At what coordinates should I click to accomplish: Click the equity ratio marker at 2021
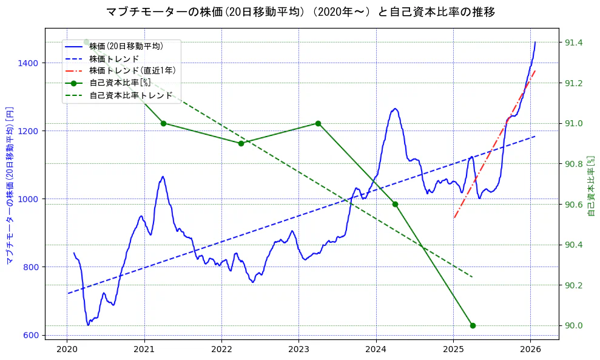pyautogui.click(x=163, y=123)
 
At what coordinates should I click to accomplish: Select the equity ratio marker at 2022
pyautogui.click(x=241, y=143)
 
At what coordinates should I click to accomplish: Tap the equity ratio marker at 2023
pyautogui.click(x=318, y=123)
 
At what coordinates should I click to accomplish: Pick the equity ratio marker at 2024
pyautogui.click(x=395, y=204)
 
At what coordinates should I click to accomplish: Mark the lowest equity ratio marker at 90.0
pyautogui.click(x=473, y=325)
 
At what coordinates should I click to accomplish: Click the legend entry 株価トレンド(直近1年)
pyautogui.click(x=132, y=70)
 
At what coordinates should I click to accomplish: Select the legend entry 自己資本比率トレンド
pyautogui.click(x=130, y=96)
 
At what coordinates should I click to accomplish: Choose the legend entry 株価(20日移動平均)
pyautogui.click(x=126, y=46)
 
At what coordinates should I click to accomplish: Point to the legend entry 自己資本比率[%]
pyautogui.click(x=120, y=83)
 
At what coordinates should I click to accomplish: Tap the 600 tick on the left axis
pyautogui.click(x=32, y=335)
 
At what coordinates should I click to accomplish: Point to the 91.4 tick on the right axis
pyautogui.click(x=573, y=42)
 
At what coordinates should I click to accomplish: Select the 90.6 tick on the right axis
pyautogui.click(x=573, y=204)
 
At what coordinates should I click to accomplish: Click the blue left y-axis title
pyautogui.click(x=9, y=182)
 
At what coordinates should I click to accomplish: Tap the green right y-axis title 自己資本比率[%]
pyautogui.click(x=592, y=185)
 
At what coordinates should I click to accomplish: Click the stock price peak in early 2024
pyautogui.click(x=395, y=109)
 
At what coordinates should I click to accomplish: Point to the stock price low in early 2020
pyautogui.click(x=88, y=325)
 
